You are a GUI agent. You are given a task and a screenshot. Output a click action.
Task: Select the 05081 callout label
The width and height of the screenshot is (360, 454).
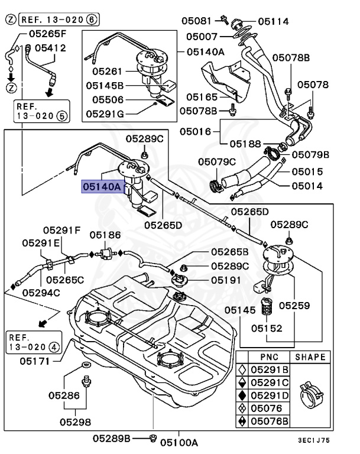197,21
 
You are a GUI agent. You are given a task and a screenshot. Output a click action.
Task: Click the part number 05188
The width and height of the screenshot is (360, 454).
245,143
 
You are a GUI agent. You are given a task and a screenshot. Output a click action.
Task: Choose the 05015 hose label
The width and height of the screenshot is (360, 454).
306,172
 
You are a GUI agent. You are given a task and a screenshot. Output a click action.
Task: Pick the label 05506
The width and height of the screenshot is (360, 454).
105,99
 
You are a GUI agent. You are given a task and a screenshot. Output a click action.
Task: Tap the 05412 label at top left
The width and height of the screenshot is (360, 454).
50,47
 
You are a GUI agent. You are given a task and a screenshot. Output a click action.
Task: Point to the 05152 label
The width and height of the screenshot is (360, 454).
267,327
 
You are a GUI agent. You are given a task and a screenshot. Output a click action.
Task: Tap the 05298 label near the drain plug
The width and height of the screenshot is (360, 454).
75,422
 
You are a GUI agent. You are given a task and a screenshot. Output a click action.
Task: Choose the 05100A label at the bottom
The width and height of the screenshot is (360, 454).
179,442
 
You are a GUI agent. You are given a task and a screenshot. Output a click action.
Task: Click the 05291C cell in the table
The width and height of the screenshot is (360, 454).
270,382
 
